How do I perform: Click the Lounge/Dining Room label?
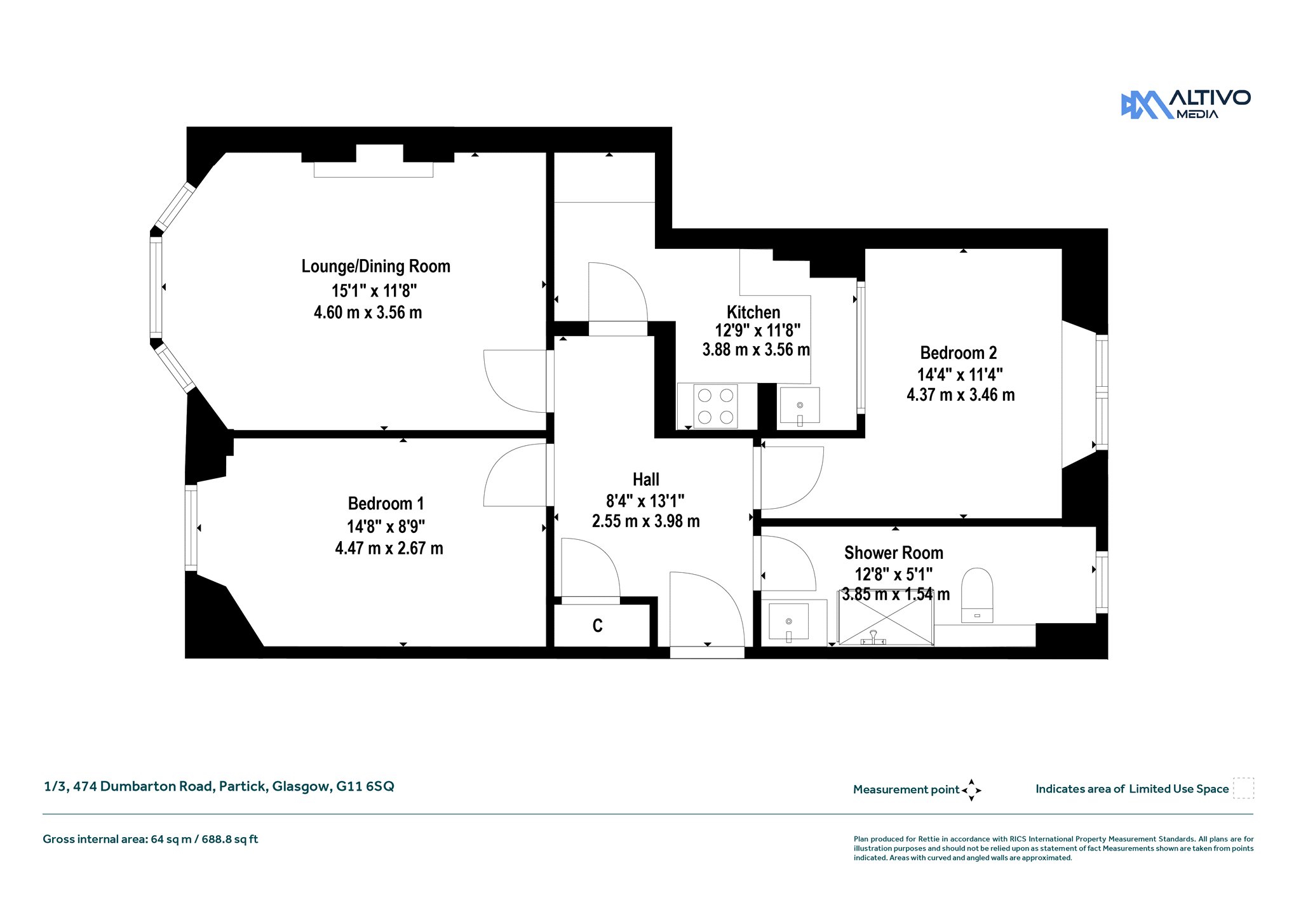[x=375, y=266]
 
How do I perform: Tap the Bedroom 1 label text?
[x=386, y=504]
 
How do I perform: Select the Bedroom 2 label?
[x=959, y=352]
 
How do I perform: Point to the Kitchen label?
[x=753, y=312]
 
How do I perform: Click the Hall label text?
[x=646, y=480]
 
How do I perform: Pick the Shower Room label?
[x=894, y=553]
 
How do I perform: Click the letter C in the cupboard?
[x=597, y=626]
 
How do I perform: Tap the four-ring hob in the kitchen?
[x=716, y=406]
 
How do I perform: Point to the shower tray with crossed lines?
[x=886, y=622]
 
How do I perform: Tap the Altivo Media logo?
[x=1185, y=104]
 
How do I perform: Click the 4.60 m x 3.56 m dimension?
[x=368, y=312]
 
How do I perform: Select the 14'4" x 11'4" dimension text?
[x=960, y=374]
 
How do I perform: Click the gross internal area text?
[x=151, y=839]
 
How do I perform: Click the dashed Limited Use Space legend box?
[x=1243, y=788]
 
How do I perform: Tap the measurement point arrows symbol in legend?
[x=971, y=790]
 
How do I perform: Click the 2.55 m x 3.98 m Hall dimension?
[x=646, y=521]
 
